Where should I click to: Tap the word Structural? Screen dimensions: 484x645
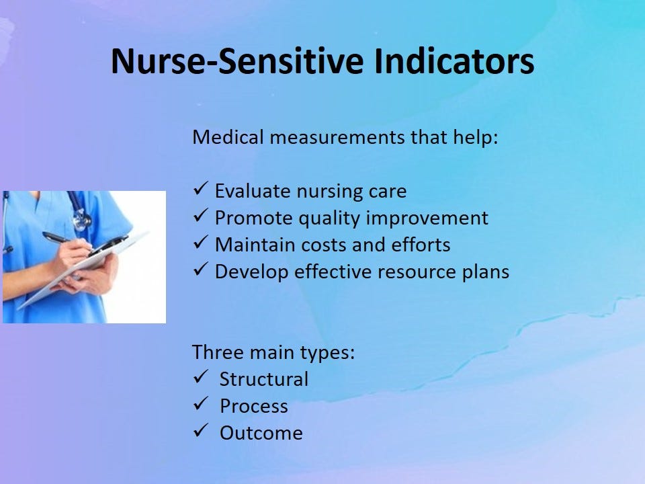point(264,379)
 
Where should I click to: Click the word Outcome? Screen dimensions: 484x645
point(261,433)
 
